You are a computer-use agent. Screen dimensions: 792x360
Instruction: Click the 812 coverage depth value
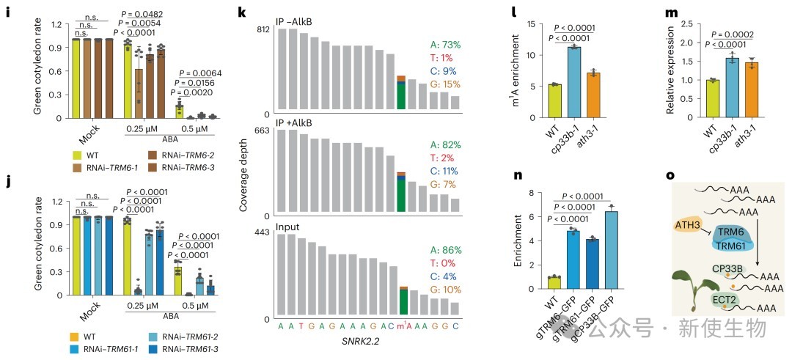pyautogui.click(x=263, y=30)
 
